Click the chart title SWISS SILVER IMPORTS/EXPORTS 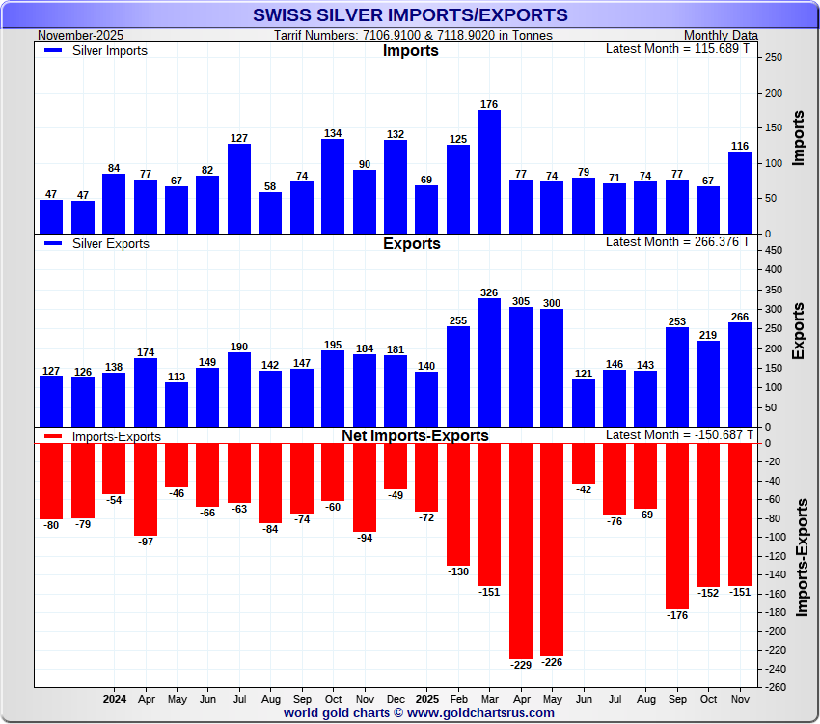pyautogui.click(x=410, y=15)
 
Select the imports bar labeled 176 pyautogui.click(x=489, y=172)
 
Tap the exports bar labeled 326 pyautogui.click(x=489, y=363)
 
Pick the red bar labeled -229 pyautogui.click(x=520, y=551)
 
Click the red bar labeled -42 pyautogui.click(x=583, y=463)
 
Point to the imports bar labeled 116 pyautogui.click(x=739, y=193)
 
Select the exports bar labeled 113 pyautogui.click(x=177, y=404)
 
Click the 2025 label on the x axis pyautogui.click(x=426, y=697)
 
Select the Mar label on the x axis pyautogui.click(x=489, y=697)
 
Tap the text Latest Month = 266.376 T pyautogui.click(x=677, y=241)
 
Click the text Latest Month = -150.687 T pyautogui.click(x=677, y=434)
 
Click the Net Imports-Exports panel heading pyautogui.click(x=415, y=436)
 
